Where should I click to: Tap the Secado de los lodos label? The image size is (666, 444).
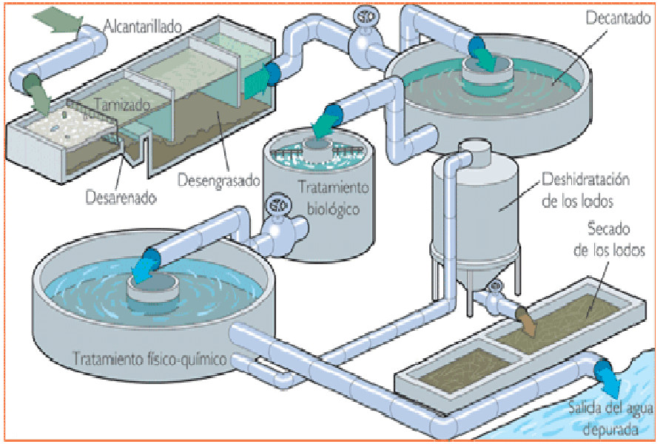(609, 238)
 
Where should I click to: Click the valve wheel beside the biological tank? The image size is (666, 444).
(277, 203)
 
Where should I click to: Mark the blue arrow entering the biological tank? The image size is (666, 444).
(320, 126)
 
